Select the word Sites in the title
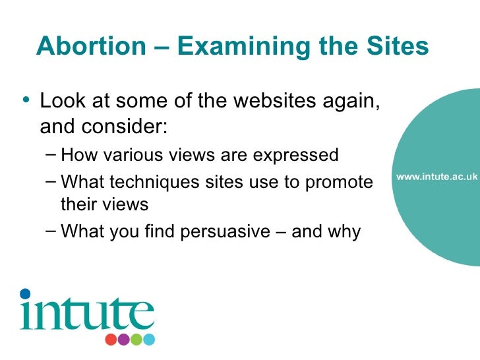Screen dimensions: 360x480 pyautogui.click(x=396, y=45)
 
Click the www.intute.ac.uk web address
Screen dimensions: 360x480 pyautogui.click(x=436, y=177)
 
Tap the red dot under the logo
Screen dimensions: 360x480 pyautogui.click(x=110, y=340)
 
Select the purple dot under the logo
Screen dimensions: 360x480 pyautogui.click(x=123, y=340)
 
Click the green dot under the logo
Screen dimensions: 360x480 pyautogui.click(x=136, y=340)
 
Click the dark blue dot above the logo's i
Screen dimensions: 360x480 pyautogui.click(x=25, y=293)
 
